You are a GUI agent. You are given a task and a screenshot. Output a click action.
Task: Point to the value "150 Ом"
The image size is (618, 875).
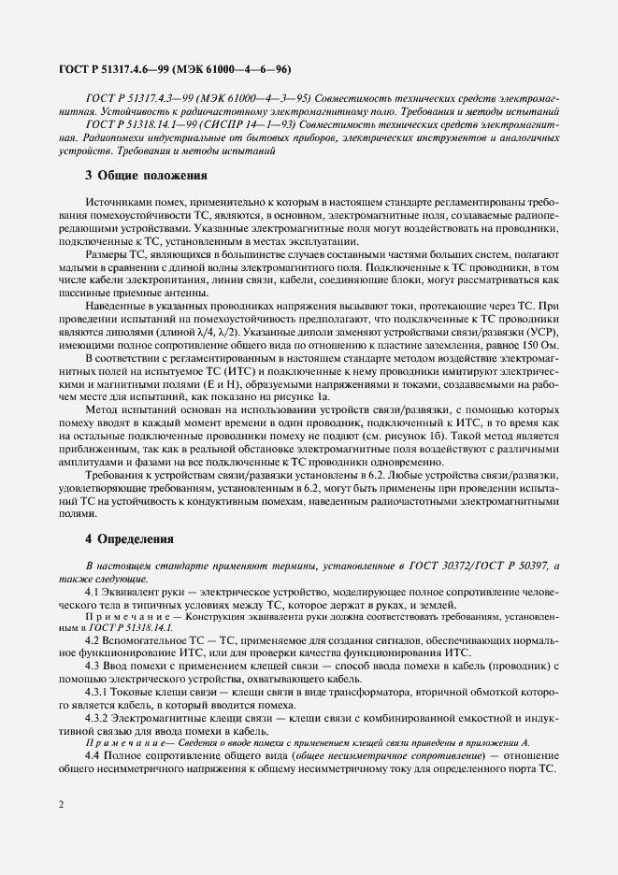point(539,343)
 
